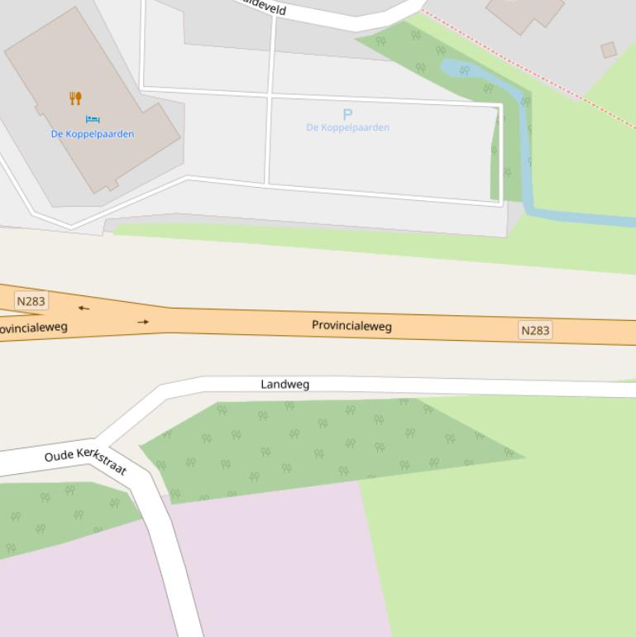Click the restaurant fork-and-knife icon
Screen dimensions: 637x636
pyautogui.click(x=75, y=98)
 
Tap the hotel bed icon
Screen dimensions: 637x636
pyautogui.click(x=93, y=120)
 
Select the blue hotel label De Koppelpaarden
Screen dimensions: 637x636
pyautogui.click(x=93, y=134)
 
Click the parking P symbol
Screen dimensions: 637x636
pyautogui.click(x=347, y=114)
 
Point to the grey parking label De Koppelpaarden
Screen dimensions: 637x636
pyautogui.click(x=347, y=127)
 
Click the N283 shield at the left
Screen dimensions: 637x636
pyautogui.click(x=31, y=301)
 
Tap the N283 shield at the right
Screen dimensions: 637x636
pyautogui.click(x=535, y=330)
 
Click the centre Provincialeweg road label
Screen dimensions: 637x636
pyautogui.click(x=351, y=325)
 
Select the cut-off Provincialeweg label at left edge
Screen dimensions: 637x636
pyautogui.click(x=33, y=328)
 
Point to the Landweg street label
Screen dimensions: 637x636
pyautogui.click(x=285, y=384)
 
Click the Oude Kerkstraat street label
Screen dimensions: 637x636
pyautogui.click(x=86, y=461)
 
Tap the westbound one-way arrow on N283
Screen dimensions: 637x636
pyautogui.click(x=84, y=309)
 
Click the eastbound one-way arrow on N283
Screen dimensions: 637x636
pyautogui.click(x=143, y=322)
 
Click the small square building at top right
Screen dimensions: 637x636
pyautogui.click(x=609, y=50)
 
